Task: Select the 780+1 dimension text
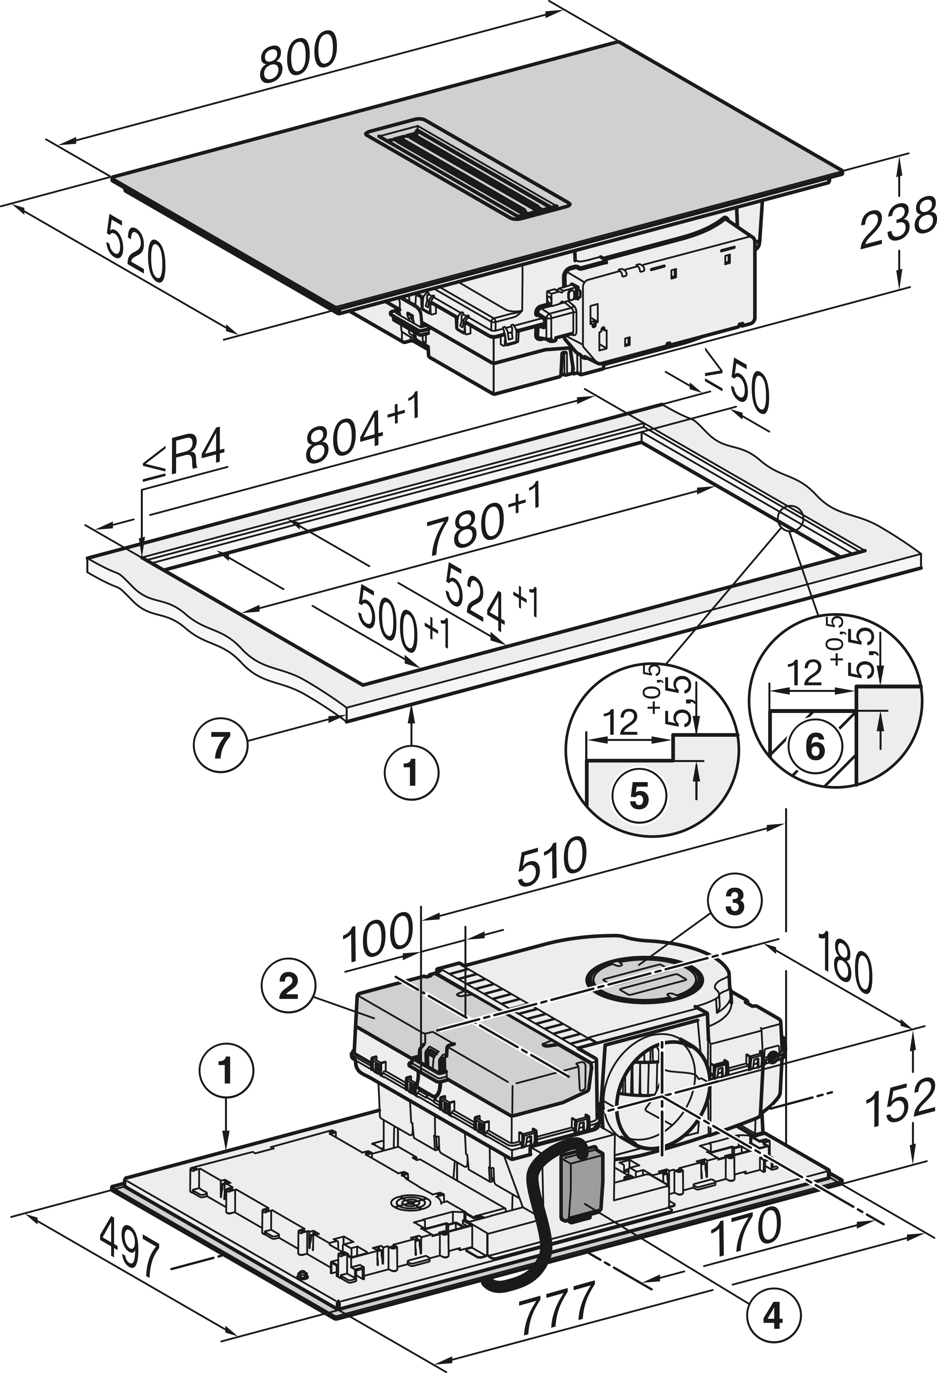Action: [482, 520]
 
